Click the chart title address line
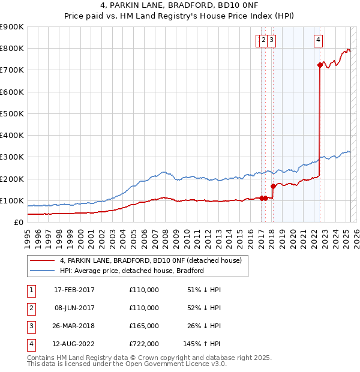179,7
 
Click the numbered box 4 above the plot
318,40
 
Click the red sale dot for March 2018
273,186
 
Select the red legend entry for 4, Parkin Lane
150,260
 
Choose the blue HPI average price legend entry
132,271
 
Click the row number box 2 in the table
31,308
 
